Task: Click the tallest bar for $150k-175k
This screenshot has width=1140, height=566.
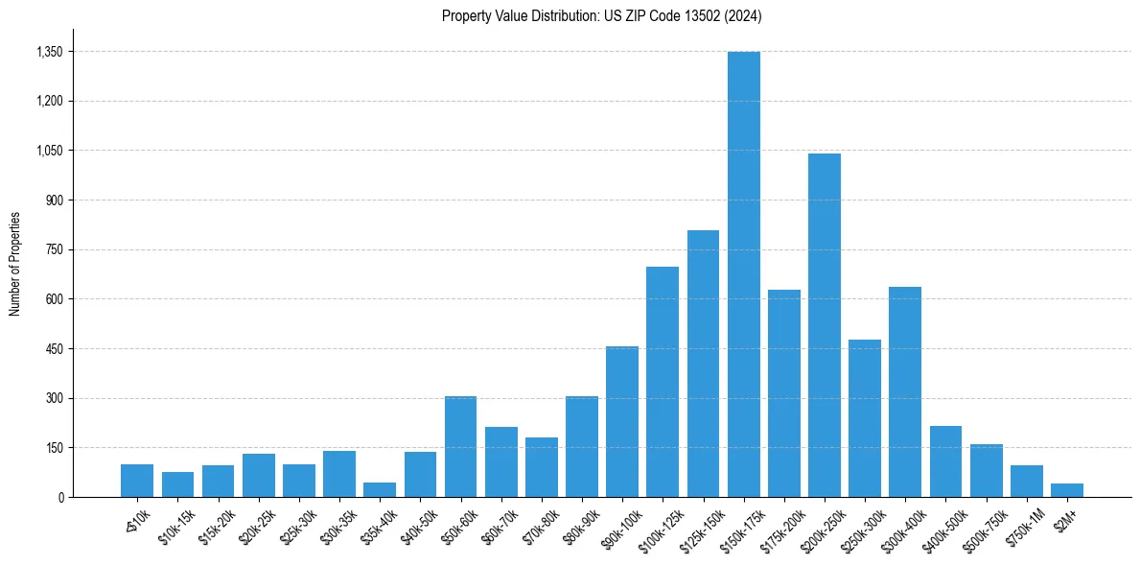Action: coord(743,274)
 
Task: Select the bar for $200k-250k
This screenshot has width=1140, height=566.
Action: coord(825,325)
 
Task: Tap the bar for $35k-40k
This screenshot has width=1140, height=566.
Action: coord(380,490)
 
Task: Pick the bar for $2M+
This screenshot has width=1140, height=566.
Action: coord(1066,490)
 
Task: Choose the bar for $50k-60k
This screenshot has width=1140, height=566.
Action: coord(460,447)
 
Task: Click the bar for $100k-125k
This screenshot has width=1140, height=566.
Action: coord(663,382)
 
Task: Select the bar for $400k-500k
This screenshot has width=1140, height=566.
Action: coord(945,461)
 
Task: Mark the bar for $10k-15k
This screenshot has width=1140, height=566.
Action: coord(177,484)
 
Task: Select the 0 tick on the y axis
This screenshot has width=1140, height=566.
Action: coord(61,498)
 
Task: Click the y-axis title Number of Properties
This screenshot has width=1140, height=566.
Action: coord(14,264)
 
